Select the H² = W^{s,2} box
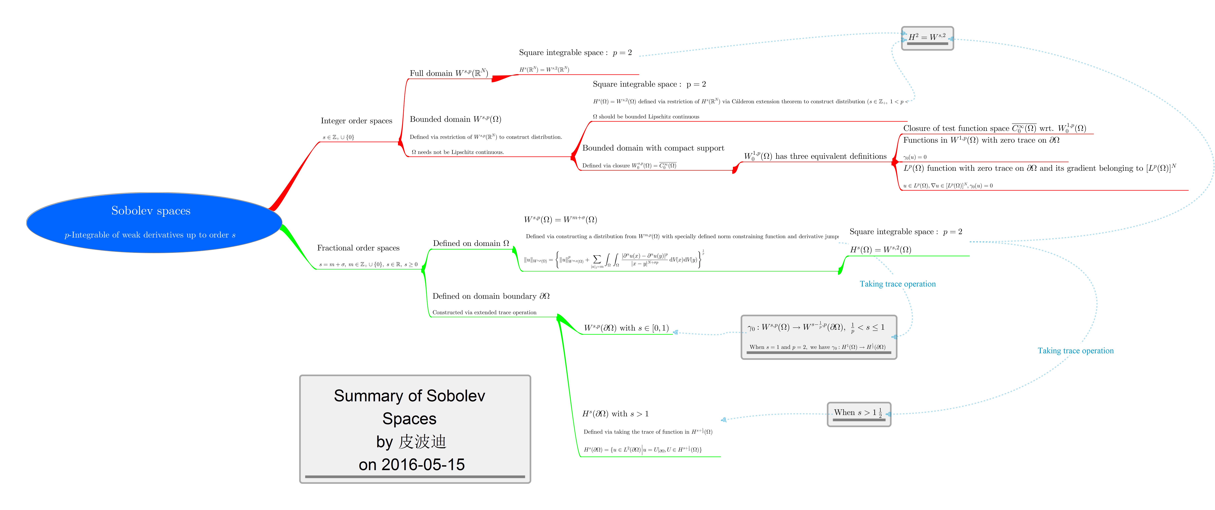coord(927,38)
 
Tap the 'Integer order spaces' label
coord(356,121)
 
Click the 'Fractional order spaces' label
coord(358,248)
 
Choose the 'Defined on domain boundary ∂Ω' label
coord(490,296)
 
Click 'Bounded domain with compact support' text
coord(653,148)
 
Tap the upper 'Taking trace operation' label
coord(897,284)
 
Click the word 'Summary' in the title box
coord(363,396)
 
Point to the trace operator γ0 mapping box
coord(818,337)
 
